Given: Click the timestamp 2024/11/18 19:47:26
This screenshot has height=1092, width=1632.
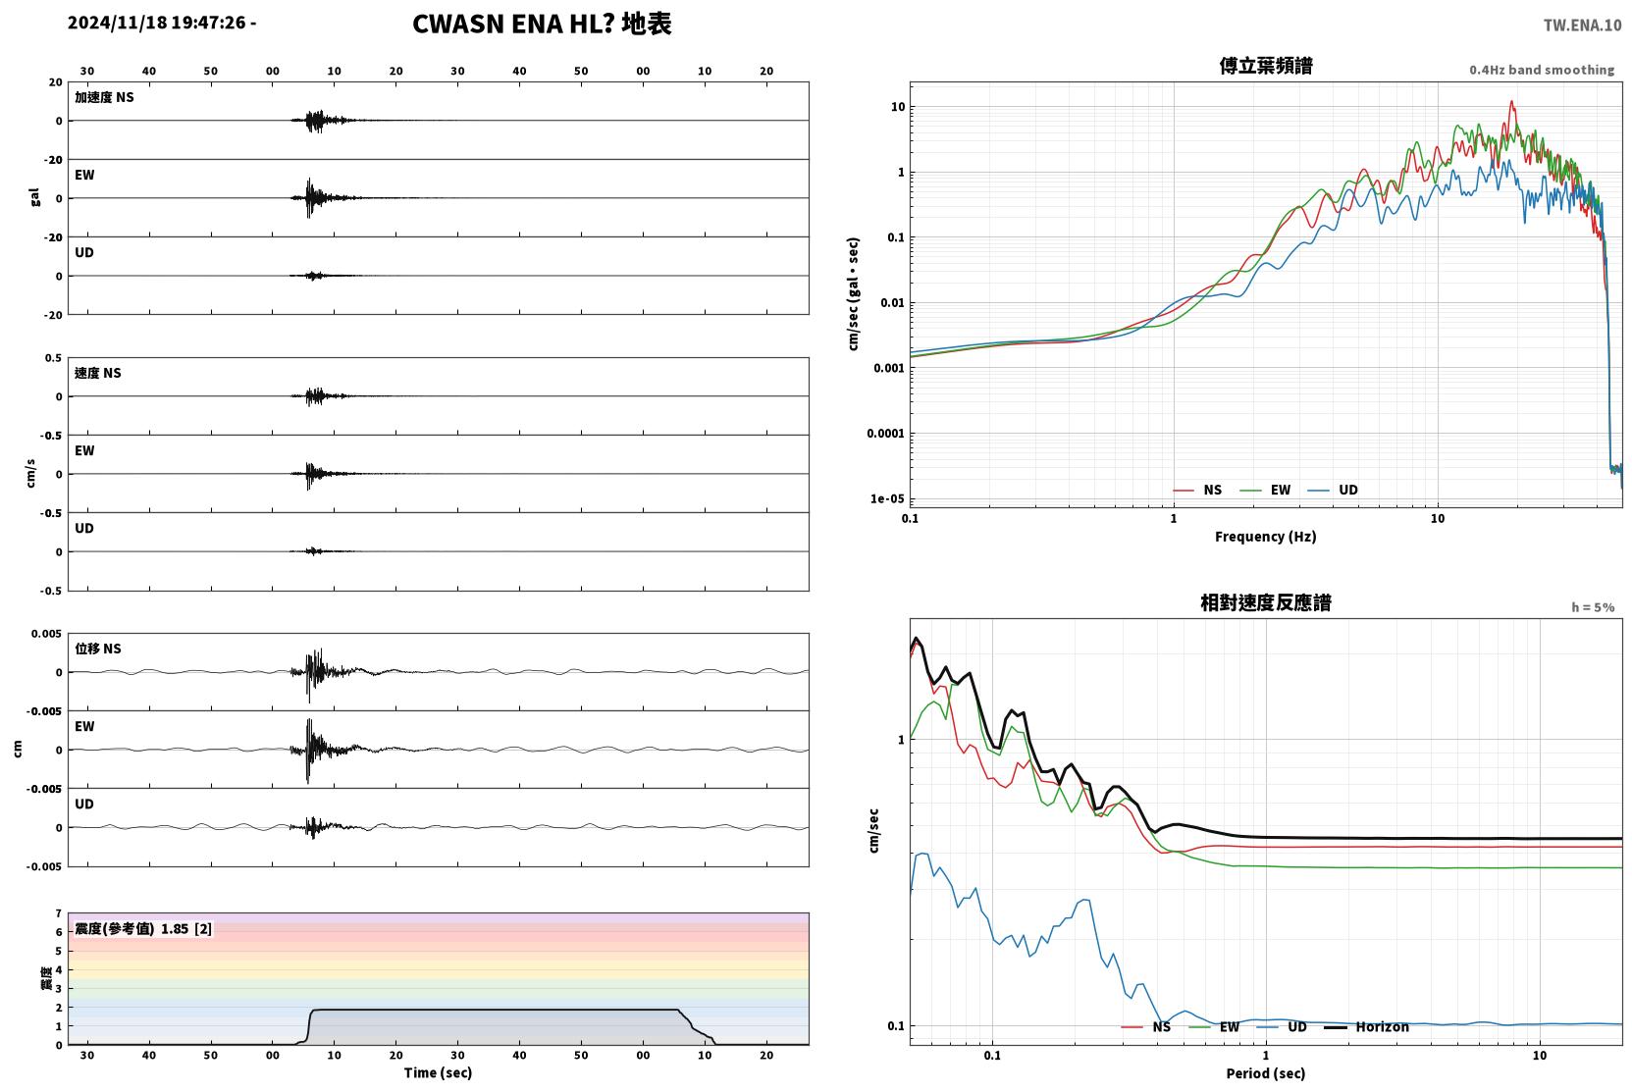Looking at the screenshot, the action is pos(157,23).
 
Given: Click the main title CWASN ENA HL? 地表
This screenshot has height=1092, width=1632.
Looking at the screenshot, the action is pos(542,24).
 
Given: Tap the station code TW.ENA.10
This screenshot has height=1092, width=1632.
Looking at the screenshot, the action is pos(1582,26).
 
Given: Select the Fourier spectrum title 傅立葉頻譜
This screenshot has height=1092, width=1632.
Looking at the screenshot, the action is pos(1266,67).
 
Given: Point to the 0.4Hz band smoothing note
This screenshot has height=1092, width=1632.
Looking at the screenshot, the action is pos(1542,70).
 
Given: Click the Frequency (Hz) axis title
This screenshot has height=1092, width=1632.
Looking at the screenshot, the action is pos(1266,537).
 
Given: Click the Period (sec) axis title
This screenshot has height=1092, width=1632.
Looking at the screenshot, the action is pos(1266,1073).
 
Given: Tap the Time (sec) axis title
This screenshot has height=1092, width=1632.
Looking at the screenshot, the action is pos(438,1072).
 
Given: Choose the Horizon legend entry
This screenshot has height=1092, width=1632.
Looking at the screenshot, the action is pos(1367,1027).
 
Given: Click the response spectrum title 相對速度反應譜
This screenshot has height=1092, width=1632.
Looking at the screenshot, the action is pos(1266,602).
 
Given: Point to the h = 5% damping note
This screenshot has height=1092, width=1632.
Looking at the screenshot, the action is pos(1593,607).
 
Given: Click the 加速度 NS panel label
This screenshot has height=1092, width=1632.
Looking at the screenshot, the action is pos(104,97).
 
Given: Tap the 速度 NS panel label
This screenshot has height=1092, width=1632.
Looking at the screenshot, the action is pos(97,373).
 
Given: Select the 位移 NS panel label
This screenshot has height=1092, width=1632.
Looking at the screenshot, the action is pos(97,649).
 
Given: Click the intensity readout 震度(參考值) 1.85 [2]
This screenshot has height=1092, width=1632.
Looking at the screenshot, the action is pos(143,929).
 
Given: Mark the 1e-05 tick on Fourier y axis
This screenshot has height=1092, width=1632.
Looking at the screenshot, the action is pos(887,499).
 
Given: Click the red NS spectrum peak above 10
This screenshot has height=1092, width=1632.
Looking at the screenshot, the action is pos(1512,102).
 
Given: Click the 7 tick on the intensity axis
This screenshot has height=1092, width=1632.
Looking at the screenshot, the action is pos(59,913).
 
